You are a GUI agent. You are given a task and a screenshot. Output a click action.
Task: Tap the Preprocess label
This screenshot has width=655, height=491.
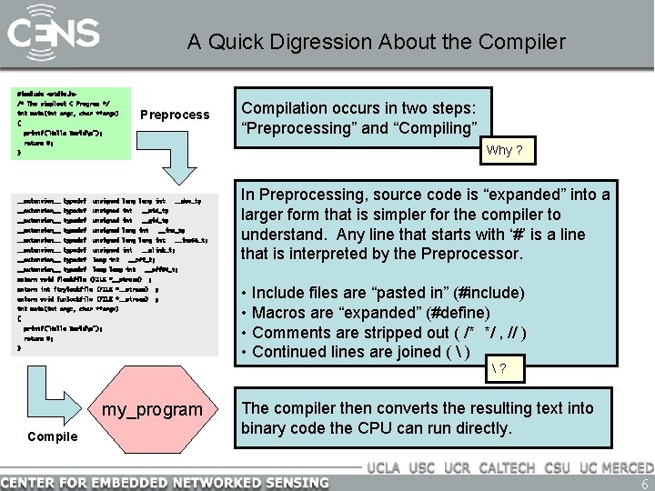175,115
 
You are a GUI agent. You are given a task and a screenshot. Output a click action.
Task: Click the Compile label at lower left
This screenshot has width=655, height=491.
53,436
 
